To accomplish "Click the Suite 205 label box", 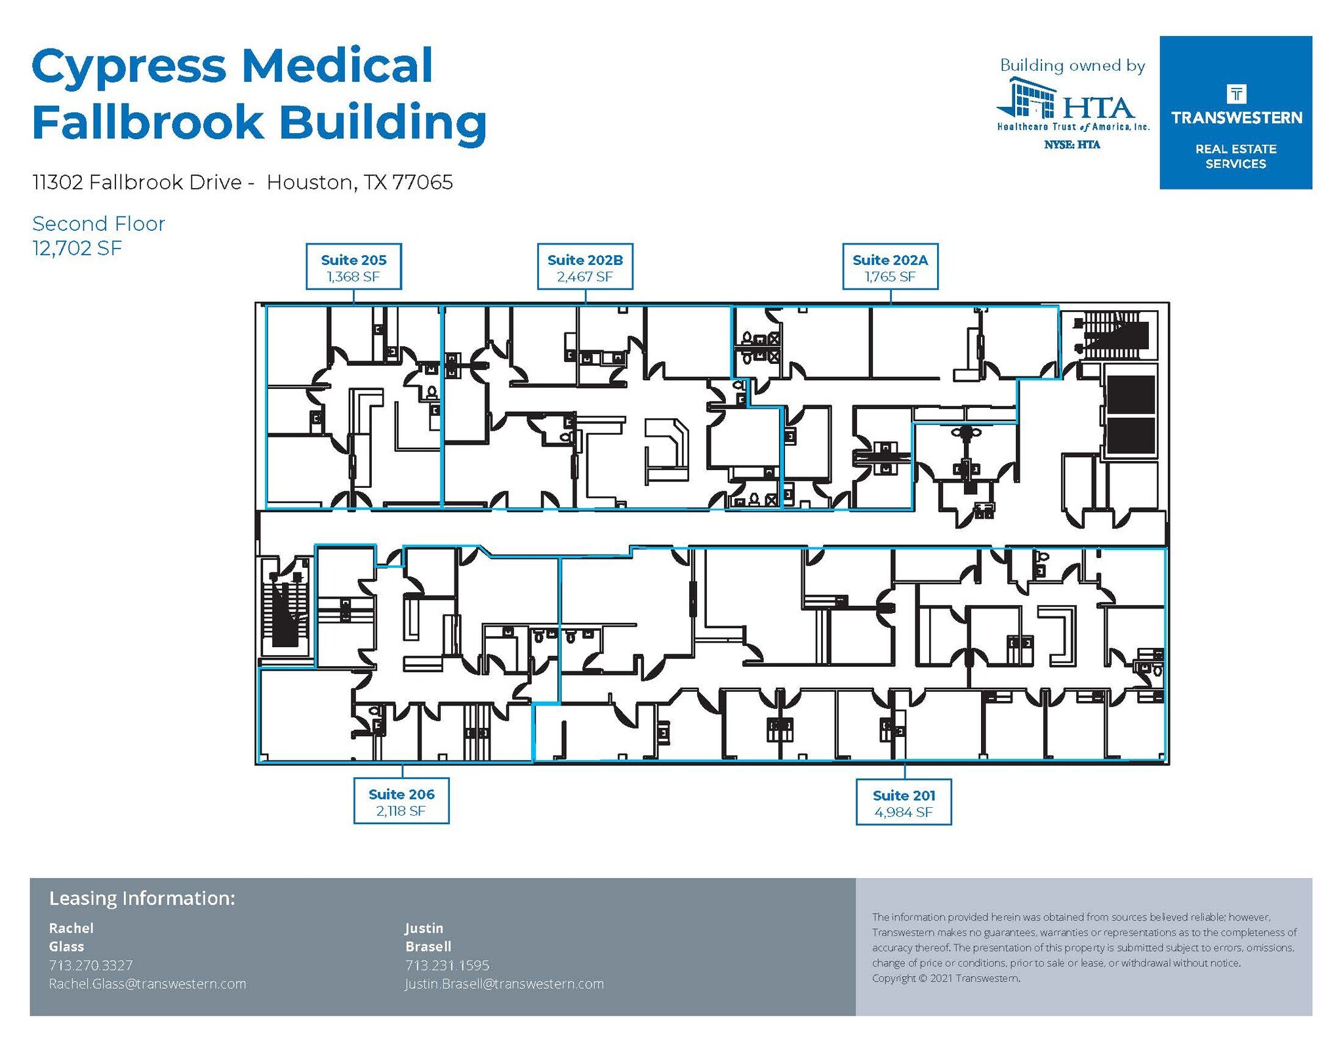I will (353, 267).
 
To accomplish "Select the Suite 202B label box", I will (585, 267).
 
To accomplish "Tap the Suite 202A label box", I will (890, 267).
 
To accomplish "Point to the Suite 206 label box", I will (401, 801).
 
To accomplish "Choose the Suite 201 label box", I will (904, 803).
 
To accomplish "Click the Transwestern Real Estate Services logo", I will (1235, 113).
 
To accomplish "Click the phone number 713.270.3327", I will (91, 965).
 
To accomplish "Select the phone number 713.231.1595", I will (447, 965).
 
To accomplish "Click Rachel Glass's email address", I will (148, 984).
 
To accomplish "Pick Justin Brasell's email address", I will (504, 984).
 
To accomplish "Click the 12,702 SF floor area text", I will (77, 249).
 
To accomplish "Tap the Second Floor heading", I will (98, 224).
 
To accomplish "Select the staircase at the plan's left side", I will (285, 607).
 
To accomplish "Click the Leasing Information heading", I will (142, 898).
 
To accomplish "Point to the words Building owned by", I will (1072, 66).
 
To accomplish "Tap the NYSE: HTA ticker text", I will (1072, 145).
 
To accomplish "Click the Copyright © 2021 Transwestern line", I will (946, 978).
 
